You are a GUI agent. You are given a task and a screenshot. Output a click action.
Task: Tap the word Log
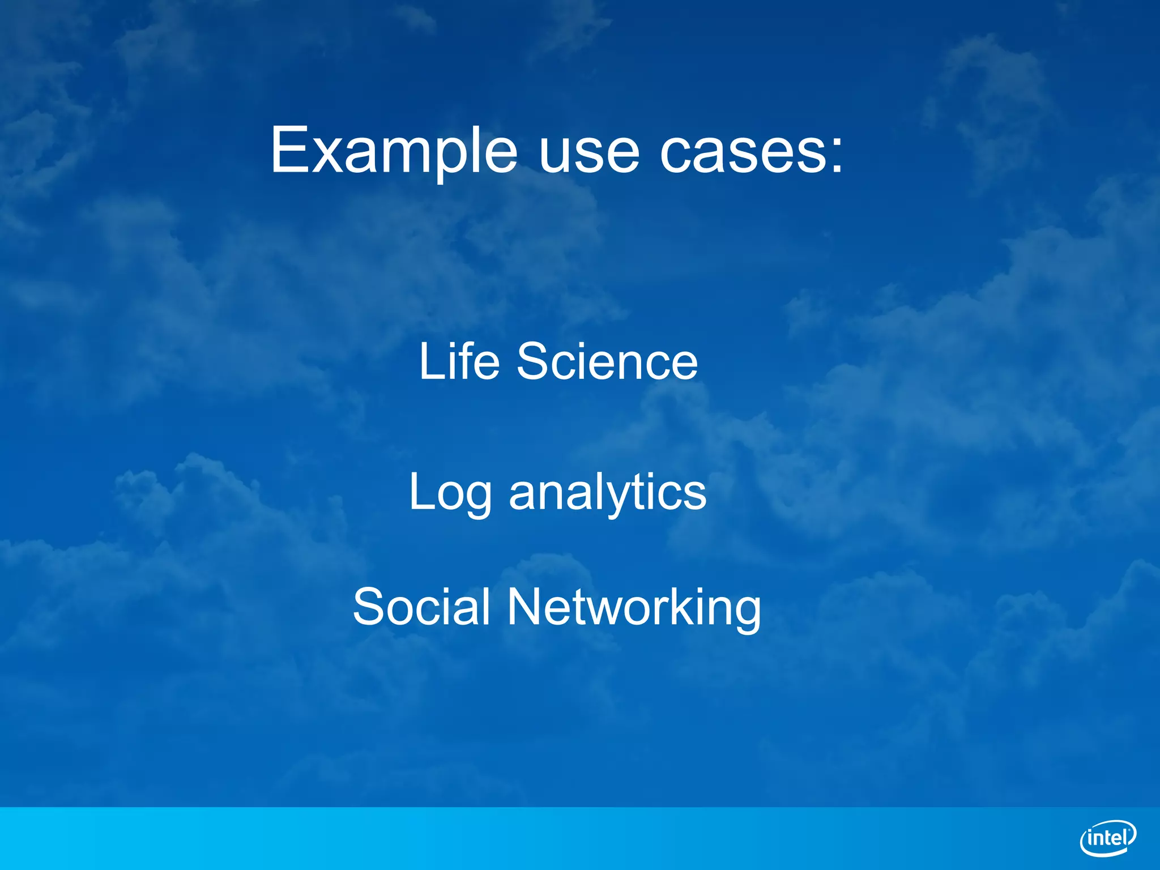tap(450, 493)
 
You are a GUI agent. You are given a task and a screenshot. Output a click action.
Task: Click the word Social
tap(421, 607)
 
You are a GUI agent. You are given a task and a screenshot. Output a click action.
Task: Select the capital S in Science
tap(533, 362)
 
